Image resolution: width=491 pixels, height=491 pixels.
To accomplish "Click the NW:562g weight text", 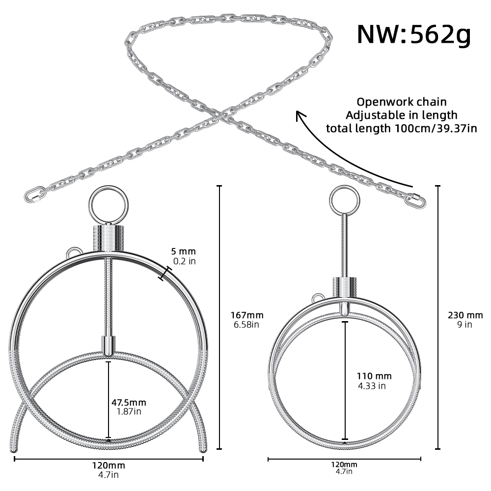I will coord(413,35).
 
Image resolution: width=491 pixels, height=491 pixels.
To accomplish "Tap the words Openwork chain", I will coord(402,102).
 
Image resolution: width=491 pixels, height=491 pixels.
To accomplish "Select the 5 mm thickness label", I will coord(184,252).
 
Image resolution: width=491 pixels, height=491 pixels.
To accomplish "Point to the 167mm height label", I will coord(247,315).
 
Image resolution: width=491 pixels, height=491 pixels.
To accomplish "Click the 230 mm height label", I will coord(465,315).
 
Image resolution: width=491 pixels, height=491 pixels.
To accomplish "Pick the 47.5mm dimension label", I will coord(129,403).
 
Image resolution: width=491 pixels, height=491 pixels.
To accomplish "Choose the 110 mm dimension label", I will coord(374,376).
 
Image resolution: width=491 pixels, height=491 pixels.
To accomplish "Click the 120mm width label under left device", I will coord(109,465).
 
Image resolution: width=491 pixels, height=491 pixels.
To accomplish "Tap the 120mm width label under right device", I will coord(344,464).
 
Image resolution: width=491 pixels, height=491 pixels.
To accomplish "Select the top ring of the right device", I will coord(345,200).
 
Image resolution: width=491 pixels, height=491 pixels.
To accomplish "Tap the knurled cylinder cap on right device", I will coord(344,287).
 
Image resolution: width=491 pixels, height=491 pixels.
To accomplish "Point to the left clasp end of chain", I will coord(34,193).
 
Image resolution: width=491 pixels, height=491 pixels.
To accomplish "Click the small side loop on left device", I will coord(72,251).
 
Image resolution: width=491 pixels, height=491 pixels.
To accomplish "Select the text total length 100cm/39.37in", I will coord(401,129).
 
